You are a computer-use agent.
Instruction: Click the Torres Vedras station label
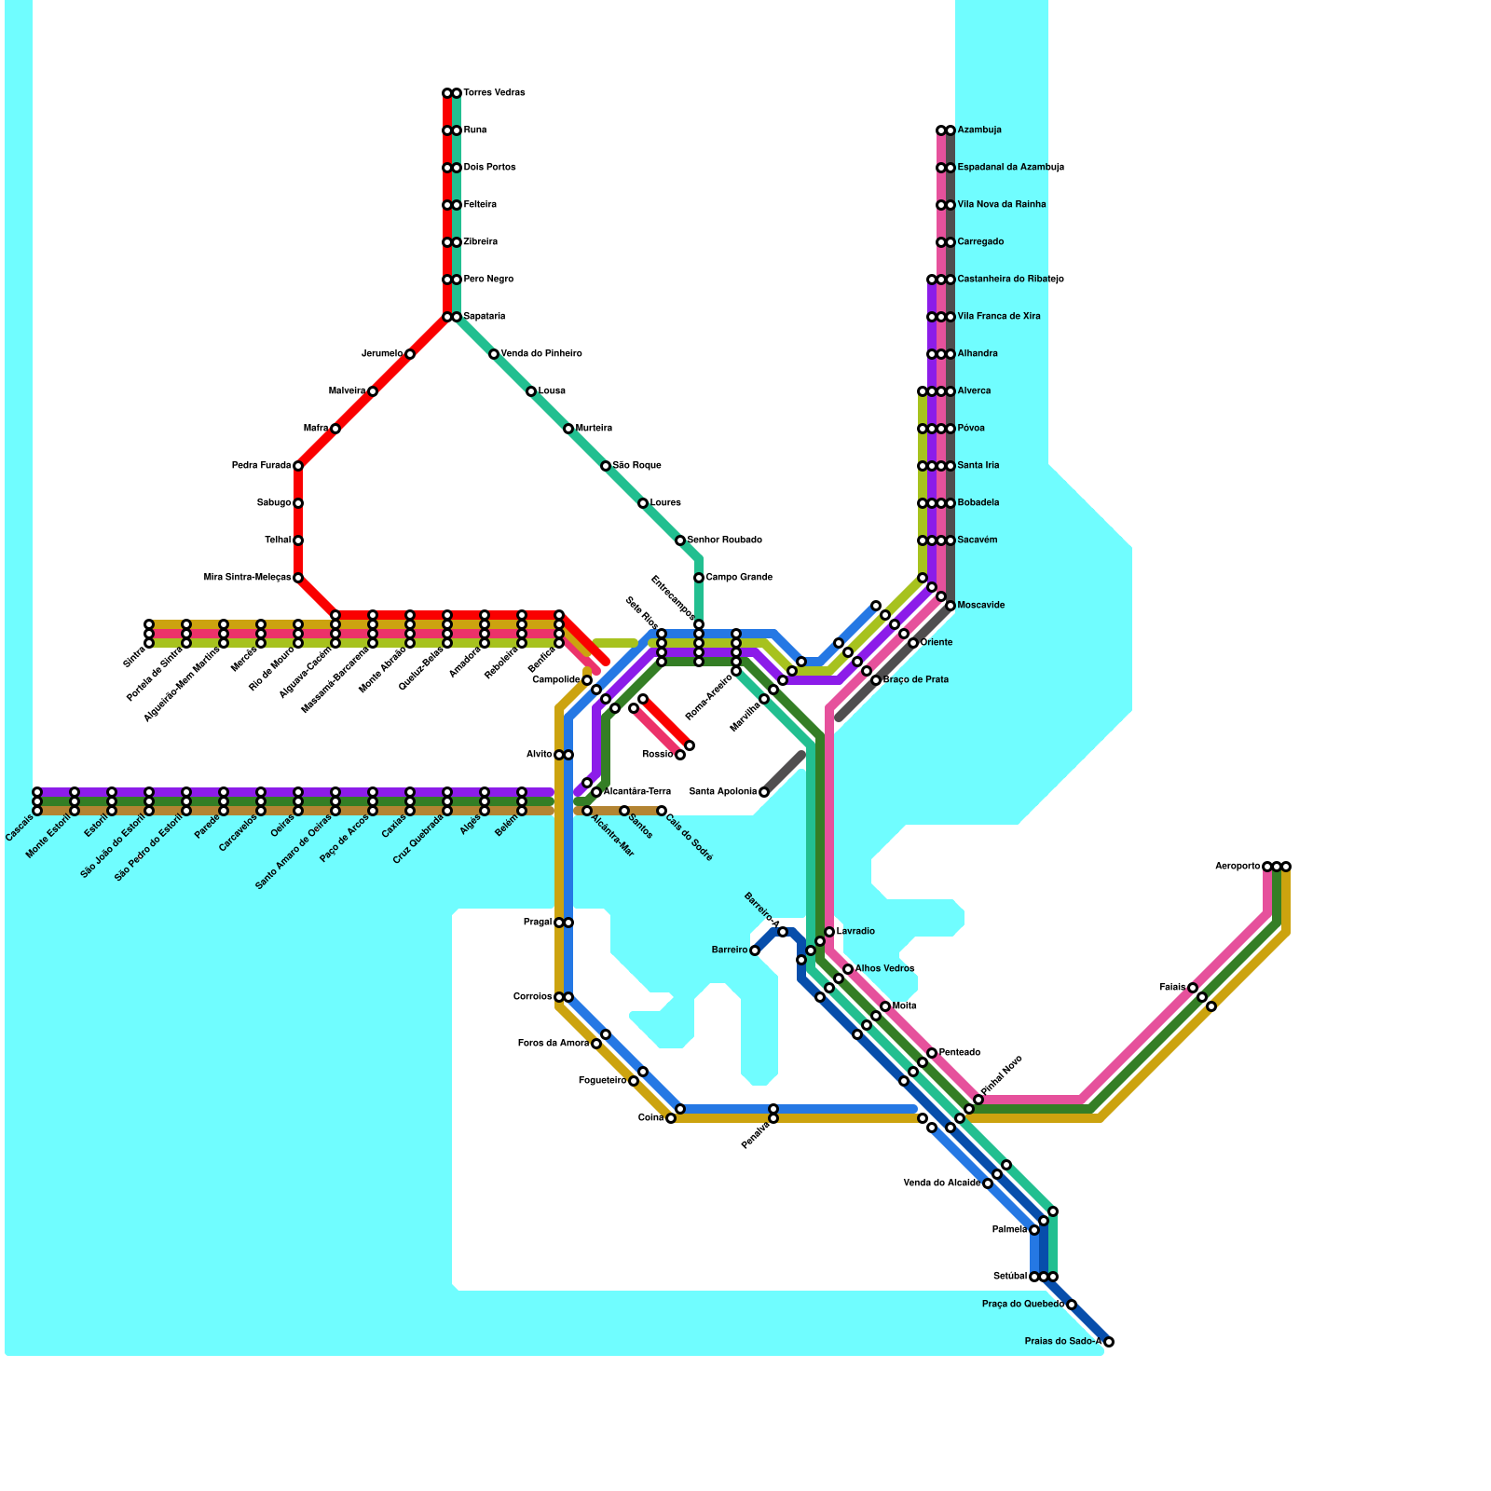(494, 93)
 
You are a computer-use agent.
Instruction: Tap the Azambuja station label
(979, 130)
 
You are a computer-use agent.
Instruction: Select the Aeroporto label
(1237, 867)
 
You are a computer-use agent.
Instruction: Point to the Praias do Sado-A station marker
(1109, 1342)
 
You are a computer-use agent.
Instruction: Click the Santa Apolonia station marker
(764, 792)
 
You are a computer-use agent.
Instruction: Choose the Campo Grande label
(739, 578)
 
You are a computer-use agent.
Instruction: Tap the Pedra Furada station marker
(298, 466)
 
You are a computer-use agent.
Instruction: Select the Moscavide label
(981, 606)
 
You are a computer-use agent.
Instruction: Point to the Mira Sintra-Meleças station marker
(298, 578)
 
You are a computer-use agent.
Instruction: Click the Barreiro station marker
(755, 951)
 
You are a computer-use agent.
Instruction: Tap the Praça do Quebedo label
(1022, 1305)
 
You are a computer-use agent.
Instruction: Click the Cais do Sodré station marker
(662, 811)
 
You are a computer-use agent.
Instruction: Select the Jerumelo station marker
(410, 354)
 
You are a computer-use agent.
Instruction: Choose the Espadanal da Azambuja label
(1010, 168)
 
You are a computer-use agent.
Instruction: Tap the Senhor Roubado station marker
(680, 540)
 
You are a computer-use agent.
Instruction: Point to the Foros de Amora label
(553, 1044)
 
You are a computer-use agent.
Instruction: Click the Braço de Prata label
(915, 680)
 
